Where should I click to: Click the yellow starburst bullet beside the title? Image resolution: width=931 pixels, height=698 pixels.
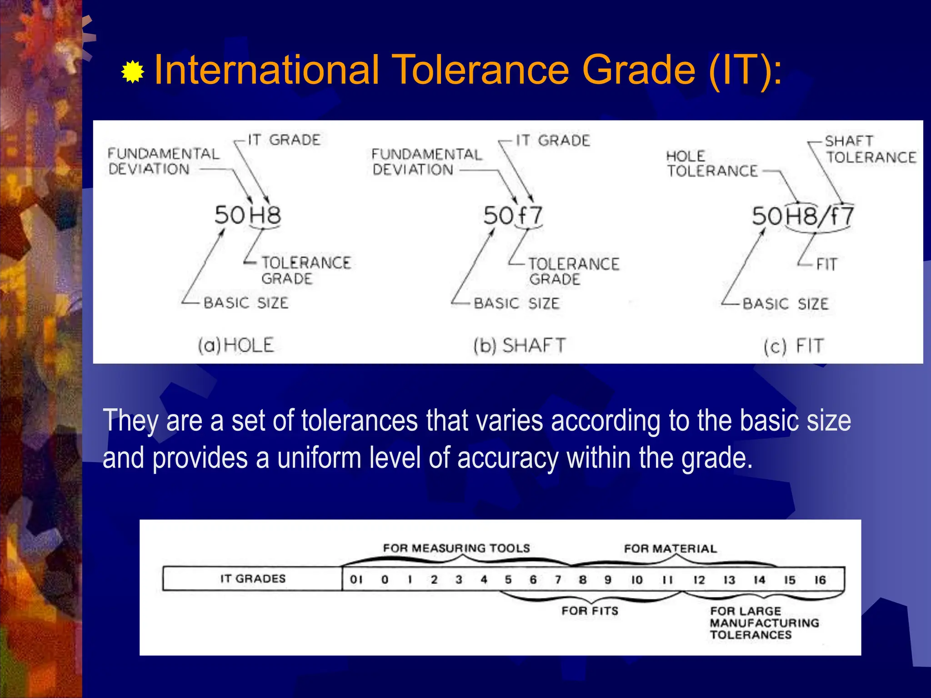point(133,72)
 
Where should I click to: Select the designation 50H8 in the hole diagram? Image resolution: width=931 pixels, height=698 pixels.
point(248,215)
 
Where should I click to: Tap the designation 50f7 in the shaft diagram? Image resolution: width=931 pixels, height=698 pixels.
point(513,215)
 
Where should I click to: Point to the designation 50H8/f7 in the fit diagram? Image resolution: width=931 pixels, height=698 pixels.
point(803,216)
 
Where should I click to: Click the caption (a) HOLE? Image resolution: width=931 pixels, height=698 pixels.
point(235,345)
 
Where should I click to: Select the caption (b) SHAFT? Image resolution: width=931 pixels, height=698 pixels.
point(519,345)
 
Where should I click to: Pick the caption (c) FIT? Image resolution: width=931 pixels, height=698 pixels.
point(793,346)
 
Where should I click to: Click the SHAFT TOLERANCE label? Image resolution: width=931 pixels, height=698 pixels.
point(870,149)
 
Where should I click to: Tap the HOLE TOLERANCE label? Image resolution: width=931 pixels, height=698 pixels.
point(712,164)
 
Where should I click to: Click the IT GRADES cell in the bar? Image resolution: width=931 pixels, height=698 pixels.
point(253,578)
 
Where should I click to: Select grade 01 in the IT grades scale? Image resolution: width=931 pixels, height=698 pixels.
point(356,579)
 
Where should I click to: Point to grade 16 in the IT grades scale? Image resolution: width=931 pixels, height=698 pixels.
point(820,580)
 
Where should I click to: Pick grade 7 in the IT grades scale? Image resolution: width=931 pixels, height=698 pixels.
point(558,579)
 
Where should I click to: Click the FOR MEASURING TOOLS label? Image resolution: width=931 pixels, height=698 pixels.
point(456,548)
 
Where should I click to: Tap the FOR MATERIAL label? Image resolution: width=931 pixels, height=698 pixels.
point(670,548)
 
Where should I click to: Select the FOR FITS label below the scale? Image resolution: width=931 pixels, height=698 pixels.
point(590,611)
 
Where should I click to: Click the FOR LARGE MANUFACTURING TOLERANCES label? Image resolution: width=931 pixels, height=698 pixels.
point(764,623)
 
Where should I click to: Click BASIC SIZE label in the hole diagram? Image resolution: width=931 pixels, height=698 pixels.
point(245,303)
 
